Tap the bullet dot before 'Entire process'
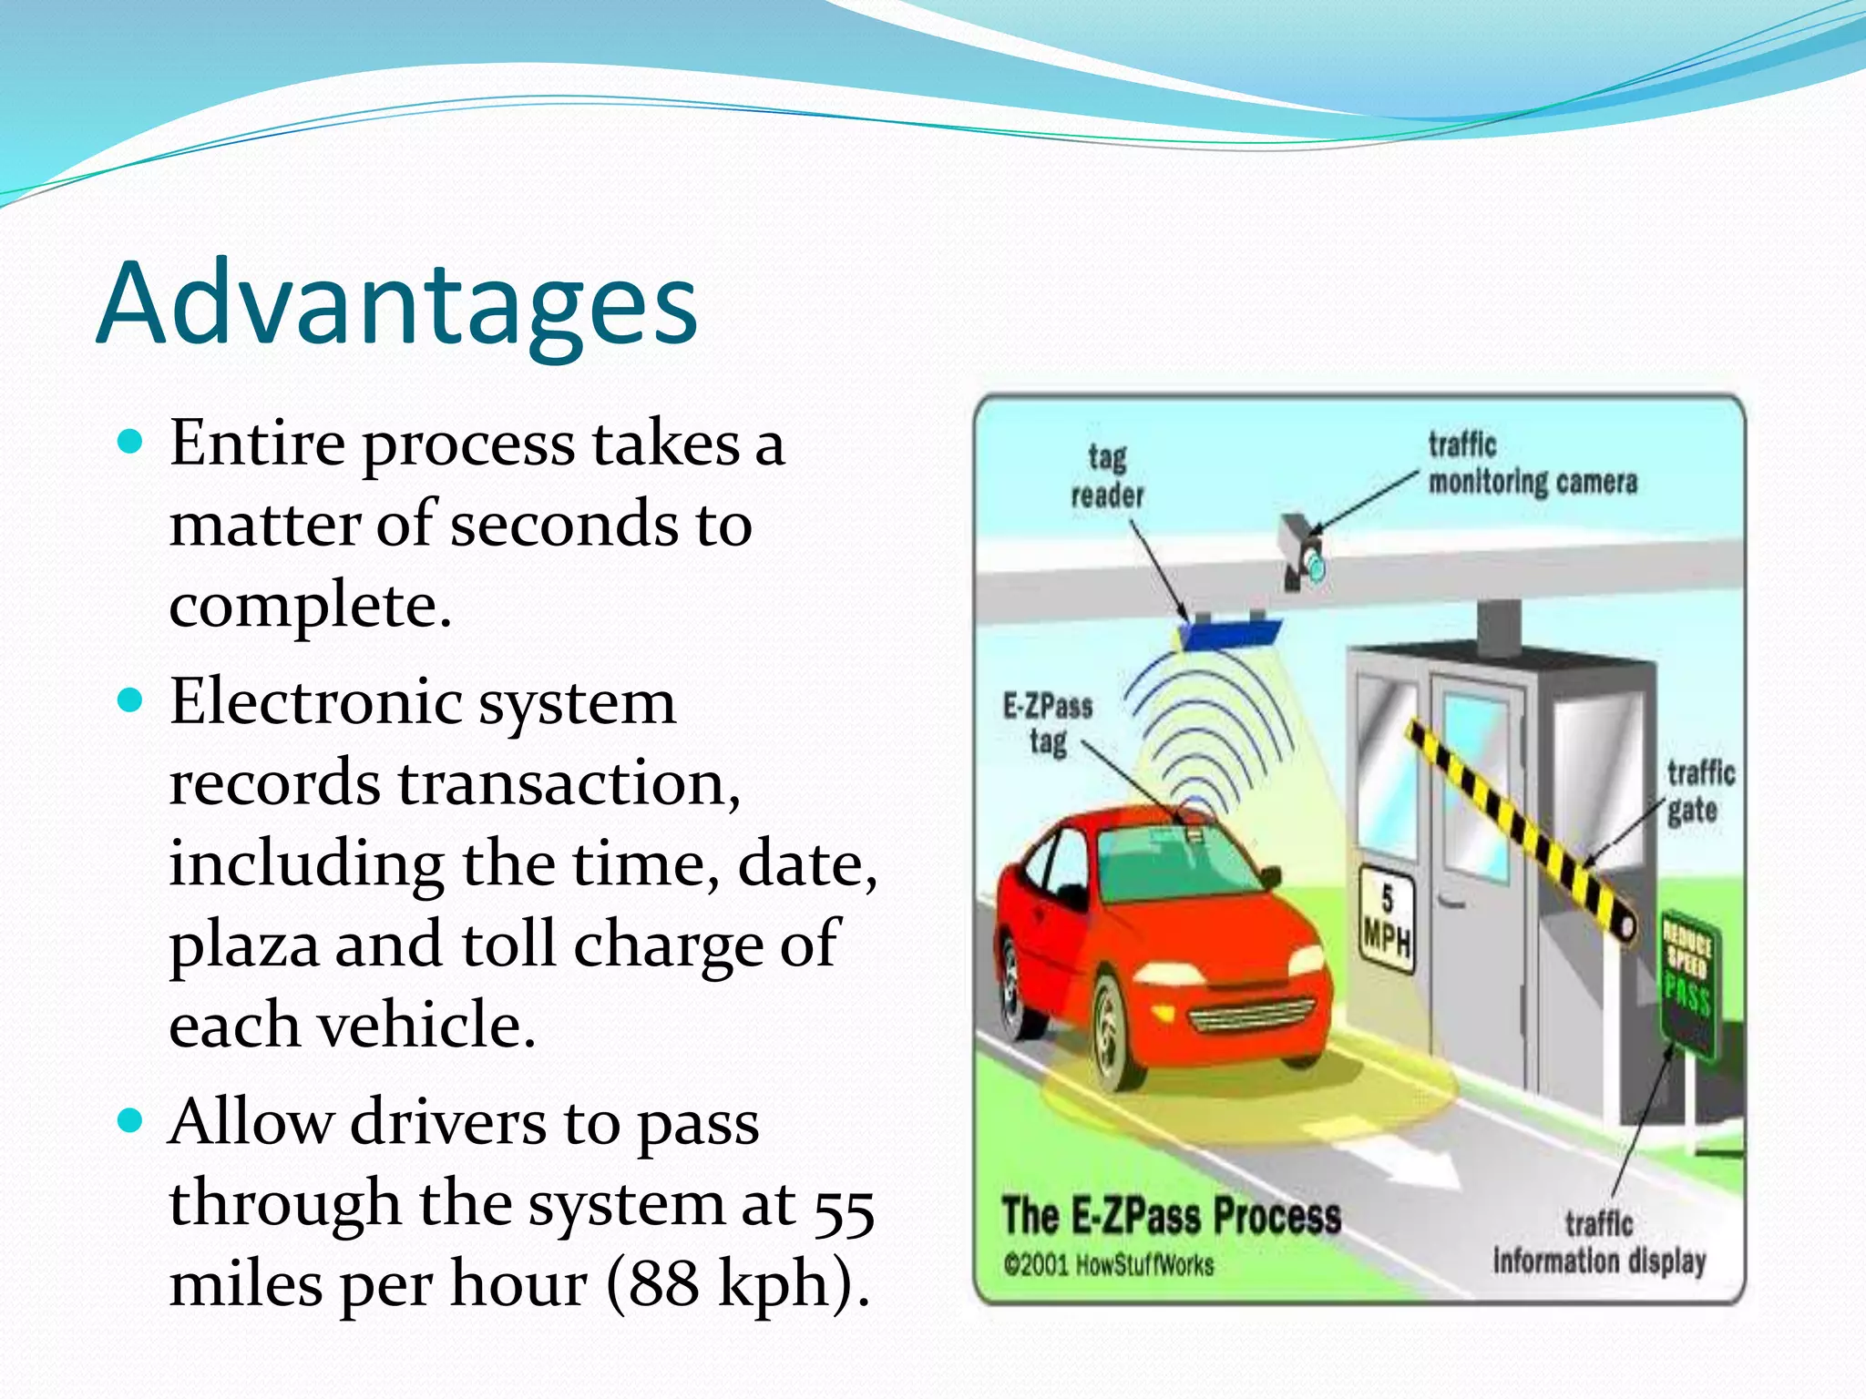point(131,443)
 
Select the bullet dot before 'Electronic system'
point(131,701)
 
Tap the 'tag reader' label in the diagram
point(1106,475)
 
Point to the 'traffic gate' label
point(1699,791)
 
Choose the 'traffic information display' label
point(1598,1243)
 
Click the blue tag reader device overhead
point(1229,631)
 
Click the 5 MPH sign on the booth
point(1387,917)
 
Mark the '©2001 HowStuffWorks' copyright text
point(1108,1265)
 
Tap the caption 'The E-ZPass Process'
point(1171,1215)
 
